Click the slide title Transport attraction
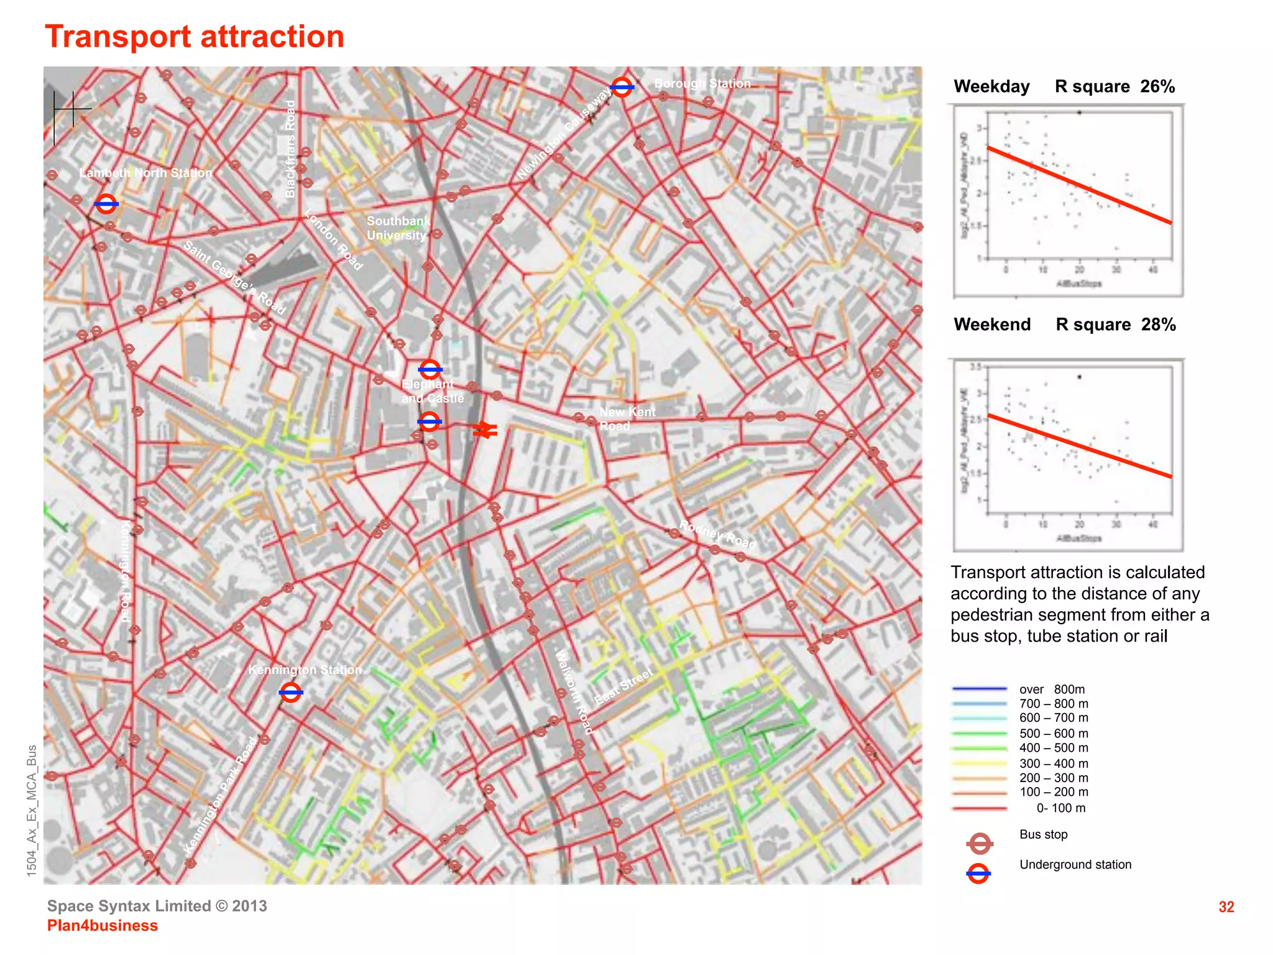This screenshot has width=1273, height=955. click(195, 37)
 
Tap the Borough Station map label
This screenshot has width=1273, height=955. click(702, 83)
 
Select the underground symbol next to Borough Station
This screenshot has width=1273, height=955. click(622, 87)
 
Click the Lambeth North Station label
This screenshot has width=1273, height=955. click(146, 173)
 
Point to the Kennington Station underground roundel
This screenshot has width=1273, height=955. click(291, 692)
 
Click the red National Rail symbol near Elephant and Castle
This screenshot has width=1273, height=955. click(485, 430)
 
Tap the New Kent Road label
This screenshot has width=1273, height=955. click(627, 418)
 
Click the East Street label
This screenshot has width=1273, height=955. click(623, 686)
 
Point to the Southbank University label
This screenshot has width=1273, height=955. click(398, 228)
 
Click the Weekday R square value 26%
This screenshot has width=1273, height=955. click(1157, 86)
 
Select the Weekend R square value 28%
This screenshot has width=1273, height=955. click(1159, 325)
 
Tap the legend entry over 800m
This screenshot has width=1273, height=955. click(1052, 689)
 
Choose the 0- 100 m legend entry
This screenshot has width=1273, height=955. click(1060, 808)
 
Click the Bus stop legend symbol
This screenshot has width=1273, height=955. click(980, 844)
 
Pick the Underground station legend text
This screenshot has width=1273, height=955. click(1075, 864)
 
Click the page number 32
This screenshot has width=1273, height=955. click(1226, 907)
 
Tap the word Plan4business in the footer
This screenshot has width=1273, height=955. click(103, 926)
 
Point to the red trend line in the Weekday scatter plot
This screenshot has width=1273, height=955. click(1080, 185)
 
